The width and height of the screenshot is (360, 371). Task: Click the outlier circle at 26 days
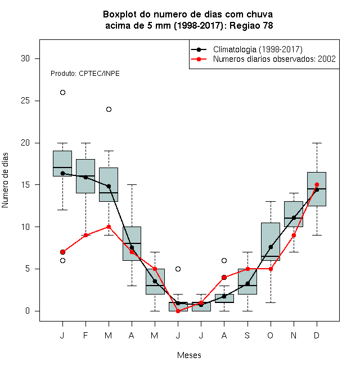click(62, 93)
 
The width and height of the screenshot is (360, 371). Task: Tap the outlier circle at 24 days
click(109, 109)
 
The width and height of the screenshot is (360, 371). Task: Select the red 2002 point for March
click(109, 227)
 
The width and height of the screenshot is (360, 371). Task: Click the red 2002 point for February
click(85, 235)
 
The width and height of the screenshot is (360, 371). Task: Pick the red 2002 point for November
click(294, 235)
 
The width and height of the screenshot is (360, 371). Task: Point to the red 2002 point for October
click(271, 269)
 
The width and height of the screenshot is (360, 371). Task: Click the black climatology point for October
click(271, 247)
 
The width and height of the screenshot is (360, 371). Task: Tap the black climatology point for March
click(109, 186)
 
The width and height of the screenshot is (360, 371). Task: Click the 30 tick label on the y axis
click(25, 58)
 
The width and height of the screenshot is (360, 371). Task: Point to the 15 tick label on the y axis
click(25, 185)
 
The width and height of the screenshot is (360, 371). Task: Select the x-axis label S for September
click(247, 335)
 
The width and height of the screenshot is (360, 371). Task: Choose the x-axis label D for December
click(317, 335)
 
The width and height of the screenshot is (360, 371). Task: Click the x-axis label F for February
click(85, 335)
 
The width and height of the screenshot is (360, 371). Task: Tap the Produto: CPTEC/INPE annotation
click(85, 74)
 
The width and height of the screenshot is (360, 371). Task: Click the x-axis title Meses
click(189, 355)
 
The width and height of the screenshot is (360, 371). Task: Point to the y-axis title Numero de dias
click(5, 180)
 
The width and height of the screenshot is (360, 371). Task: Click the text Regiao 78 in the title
click(251, 25)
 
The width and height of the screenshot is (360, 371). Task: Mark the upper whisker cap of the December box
click(317, 143)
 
